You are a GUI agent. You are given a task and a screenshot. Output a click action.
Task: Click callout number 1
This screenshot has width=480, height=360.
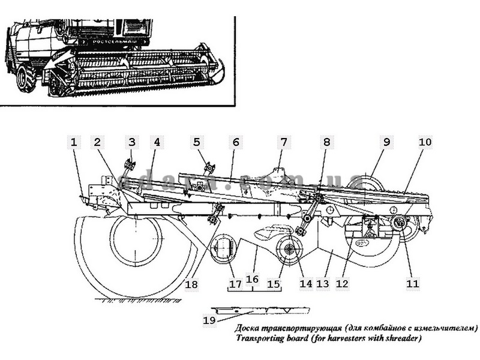[x=74, y=142]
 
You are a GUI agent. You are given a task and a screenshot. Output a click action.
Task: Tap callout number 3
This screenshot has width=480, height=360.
[x=131, y=142]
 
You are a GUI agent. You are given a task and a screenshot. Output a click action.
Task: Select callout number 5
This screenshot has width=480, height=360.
[x=196, y=142]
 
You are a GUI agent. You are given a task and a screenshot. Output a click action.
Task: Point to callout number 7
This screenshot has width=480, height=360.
[x=283, y=142]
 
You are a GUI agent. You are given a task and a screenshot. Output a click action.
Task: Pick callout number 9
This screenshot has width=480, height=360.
[x=386, y=142]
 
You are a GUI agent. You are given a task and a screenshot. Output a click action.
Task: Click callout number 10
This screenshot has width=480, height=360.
[x=425, y=142]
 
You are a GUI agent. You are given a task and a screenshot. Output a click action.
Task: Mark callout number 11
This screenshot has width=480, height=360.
[x=412, y=283]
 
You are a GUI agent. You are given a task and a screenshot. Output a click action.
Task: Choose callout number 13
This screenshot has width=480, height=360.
[x=323, y=283]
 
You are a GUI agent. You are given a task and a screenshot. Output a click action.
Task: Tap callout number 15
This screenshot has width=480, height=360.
[x=274, y=283]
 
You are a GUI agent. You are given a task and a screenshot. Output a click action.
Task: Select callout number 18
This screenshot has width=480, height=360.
[x=191, y=283]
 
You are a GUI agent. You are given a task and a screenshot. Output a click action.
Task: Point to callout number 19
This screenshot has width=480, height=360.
[x=209, y=320]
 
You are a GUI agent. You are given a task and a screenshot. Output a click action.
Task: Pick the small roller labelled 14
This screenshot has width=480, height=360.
[x=290, y=250]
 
